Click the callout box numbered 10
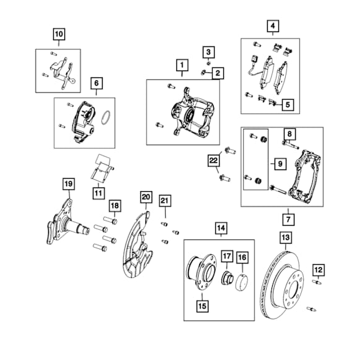click(x=59, y=34)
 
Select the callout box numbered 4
click(x=273, y=26)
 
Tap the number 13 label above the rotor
click(x=286, y=238)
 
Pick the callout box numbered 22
click(x=213, y=160)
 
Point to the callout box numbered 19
click(x=69, y=184)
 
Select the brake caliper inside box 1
click(x=192, y=113)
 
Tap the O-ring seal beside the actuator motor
click(x=106, y=118)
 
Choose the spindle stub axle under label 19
click(x=67, y=223)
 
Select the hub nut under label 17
click(x=227, y=278)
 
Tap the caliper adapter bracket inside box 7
click(x=305, y=176)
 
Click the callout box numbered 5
click(x=288, y=105)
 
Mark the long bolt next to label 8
click(x=291, y=145)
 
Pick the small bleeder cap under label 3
click(x=208, y=63)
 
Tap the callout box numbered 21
click(x=165, y=201)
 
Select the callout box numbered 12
click(x=319, y=270)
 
